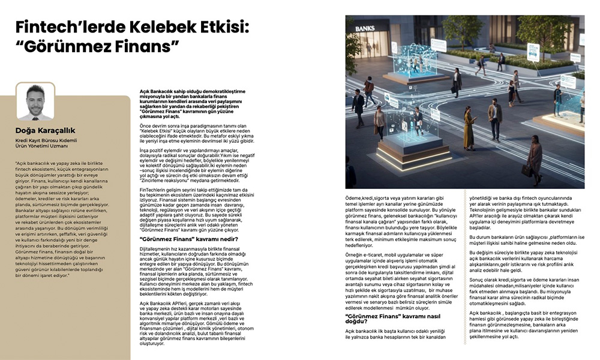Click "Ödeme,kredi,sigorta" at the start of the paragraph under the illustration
tap(368, 197)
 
